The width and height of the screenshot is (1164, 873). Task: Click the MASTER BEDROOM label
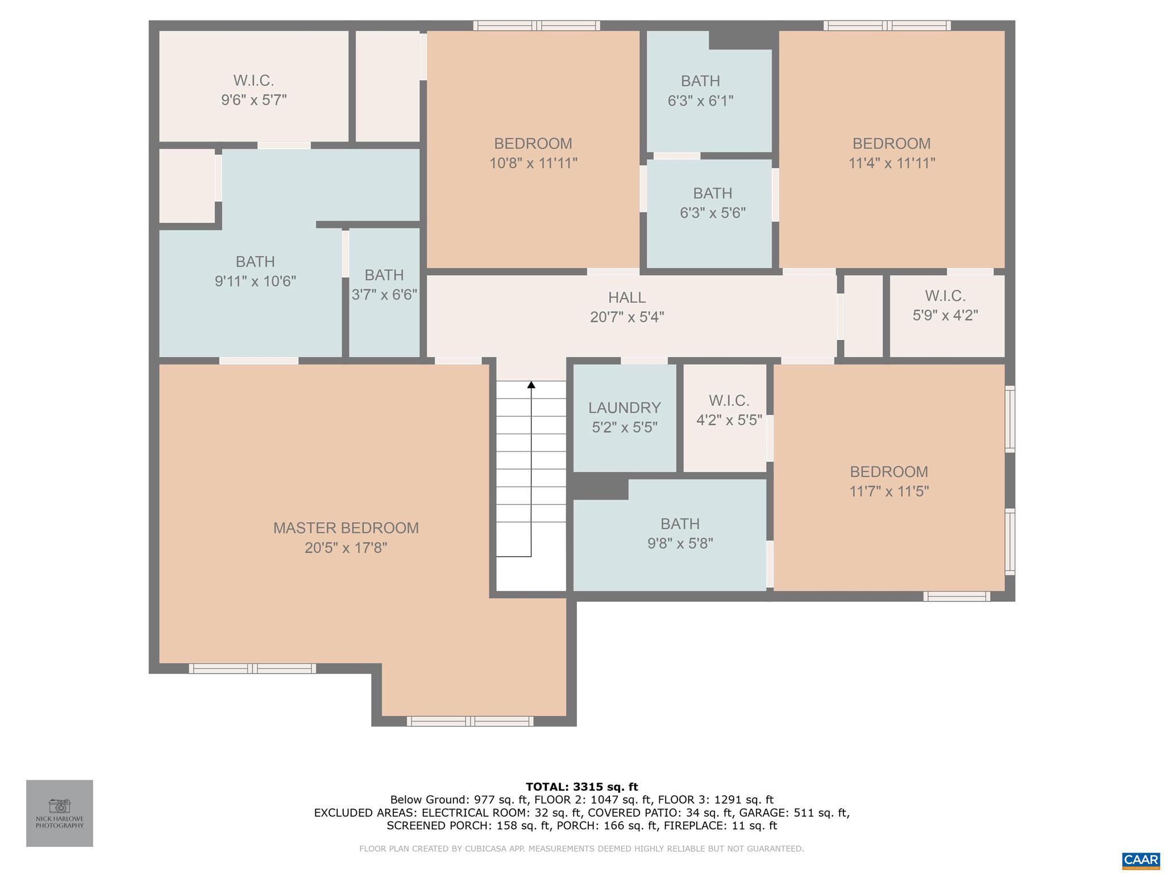click(x=346, y=528)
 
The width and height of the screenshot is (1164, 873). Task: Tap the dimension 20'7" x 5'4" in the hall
click(x=627, y=317)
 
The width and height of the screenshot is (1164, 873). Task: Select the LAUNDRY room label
click(x=624, y=408)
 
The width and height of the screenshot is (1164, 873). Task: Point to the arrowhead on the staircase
click(x=531, y=385)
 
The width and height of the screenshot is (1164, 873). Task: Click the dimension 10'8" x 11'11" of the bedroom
click(x=533, y=164)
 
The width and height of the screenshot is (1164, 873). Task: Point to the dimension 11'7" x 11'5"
click(x=889, y=491)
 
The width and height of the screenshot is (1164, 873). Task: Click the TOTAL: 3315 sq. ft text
click(x=581, y=787)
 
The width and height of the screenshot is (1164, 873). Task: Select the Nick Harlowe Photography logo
click(x=60, y=813)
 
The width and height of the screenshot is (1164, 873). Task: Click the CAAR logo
click(x=1140, y=859)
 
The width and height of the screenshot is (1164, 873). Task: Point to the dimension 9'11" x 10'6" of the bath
click(x=255, y=281)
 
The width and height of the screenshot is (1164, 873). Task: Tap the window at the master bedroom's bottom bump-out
click(x=470, y=721)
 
